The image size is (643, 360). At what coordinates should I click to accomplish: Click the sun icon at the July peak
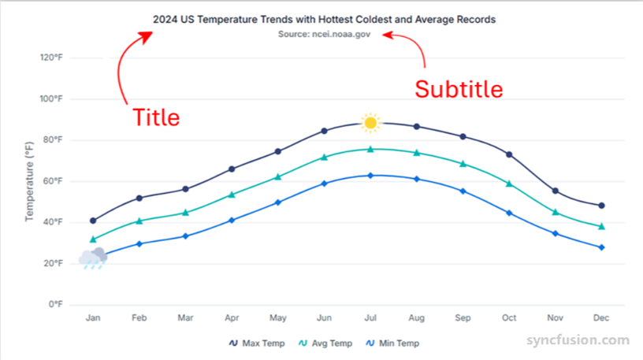tap(370, 122)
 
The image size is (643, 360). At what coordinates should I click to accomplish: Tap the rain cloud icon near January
tap(93, 258)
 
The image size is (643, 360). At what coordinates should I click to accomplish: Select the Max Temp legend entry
tap(258, 343)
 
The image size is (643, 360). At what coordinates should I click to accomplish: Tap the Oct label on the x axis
tap(509, 317)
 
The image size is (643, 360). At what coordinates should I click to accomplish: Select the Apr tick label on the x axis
tap(232, 317)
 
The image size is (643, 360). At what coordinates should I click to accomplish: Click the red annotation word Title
tap(155, 117)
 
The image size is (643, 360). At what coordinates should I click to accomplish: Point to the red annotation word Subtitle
tap(459, 89)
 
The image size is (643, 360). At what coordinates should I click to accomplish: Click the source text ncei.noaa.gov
tap(335, 35)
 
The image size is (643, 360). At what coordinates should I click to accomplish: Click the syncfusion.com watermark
tap(578, 340)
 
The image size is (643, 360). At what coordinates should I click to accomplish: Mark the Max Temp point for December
tap(601, 206)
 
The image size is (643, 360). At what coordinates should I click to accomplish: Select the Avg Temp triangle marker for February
tap(139, 221)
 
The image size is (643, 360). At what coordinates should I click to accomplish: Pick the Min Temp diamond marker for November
tap(556, 233)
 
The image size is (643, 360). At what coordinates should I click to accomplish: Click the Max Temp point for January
tap(93, 221)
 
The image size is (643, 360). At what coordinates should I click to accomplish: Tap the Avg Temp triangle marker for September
tap(463, 164)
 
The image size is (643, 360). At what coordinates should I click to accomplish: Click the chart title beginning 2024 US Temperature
tap(324, 19)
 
